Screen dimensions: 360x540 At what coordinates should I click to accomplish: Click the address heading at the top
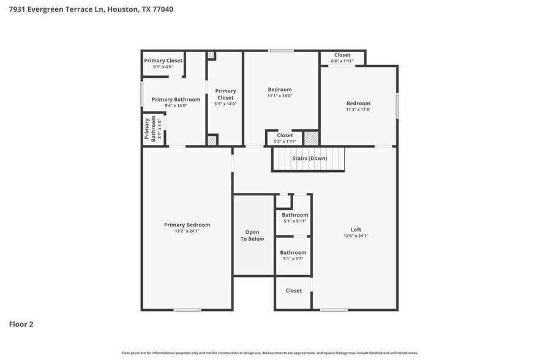[x=90, y=9]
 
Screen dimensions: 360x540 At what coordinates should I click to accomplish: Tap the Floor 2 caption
[x=21, y=324]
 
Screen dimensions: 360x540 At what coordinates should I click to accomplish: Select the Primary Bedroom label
[x=187, y=225]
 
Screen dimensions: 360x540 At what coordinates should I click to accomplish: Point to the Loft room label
[x=356, y=230]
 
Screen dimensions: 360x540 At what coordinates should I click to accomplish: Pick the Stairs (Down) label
[x=309, y=159]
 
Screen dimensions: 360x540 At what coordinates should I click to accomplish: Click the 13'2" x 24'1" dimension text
[x=187, y=231]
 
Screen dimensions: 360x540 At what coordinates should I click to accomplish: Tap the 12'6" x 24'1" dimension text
[x=356, y=236]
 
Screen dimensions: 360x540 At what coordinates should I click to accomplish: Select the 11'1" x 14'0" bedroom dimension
[x=280, y=96]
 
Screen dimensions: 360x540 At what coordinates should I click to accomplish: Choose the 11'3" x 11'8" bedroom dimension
[x=358, y=110]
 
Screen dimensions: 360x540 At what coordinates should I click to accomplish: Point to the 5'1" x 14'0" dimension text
[x=225, y=104]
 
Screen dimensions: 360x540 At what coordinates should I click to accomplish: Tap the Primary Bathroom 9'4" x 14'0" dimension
[x=176, y=106]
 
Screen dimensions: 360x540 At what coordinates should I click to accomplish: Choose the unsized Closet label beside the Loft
[x=293, y=290]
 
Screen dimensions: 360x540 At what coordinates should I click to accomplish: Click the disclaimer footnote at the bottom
[x=269, y=353]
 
